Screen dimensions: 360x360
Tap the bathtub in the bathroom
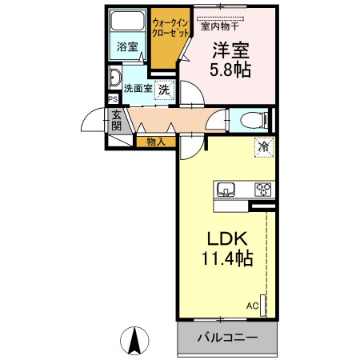point(126,23)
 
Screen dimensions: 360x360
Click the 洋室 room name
point(230,49)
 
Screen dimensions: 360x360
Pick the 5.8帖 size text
point(230,70)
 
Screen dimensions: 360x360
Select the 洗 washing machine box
point(164,90)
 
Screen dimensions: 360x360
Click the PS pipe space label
point(113,99)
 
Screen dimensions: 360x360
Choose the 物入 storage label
point(156,142)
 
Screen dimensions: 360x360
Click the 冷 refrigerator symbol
point(262,146)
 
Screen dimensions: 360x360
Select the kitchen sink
point(226,190)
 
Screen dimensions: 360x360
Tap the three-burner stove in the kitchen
point(262,190)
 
